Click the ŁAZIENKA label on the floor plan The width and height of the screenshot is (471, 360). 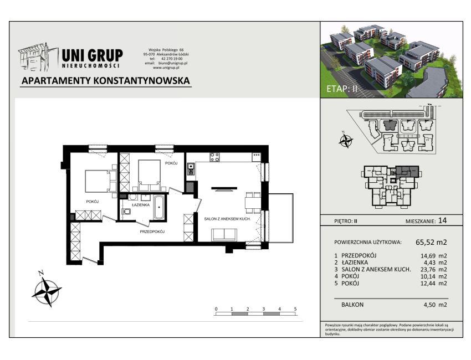(x=141, y=205)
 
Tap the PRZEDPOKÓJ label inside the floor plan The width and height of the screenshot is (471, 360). (x=152, y=232)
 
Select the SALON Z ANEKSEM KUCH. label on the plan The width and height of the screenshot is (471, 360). (x=227, y=219)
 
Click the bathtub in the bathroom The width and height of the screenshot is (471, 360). (x=159, y=207)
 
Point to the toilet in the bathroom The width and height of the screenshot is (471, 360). (x=126, y=212)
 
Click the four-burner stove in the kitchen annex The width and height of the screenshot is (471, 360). (x=214, y=157)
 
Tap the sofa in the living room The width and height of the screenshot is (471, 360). (x=224, y=235)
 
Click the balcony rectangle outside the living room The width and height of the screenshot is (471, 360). (x=281, y=218)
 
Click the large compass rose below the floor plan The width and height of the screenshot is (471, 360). (x=47, y=291)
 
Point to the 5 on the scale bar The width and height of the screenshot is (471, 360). (x=295, y=309)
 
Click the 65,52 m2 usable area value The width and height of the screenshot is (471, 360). (x=431, y=242)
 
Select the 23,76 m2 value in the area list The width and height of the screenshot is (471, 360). (x=433, y=270)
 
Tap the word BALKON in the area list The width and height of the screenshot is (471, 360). (x=352, y=305)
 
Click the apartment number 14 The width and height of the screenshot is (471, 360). (x=442, y=220)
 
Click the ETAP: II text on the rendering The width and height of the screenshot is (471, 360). (x=342, y=89)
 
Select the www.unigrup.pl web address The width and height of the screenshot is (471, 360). (x=166, y=68)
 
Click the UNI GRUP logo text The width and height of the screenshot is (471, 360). (x=92, y=55)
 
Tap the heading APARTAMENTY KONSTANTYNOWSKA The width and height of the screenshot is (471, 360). (x=106, y=81)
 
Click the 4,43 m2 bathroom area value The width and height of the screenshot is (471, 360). (x=433, y=263)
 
